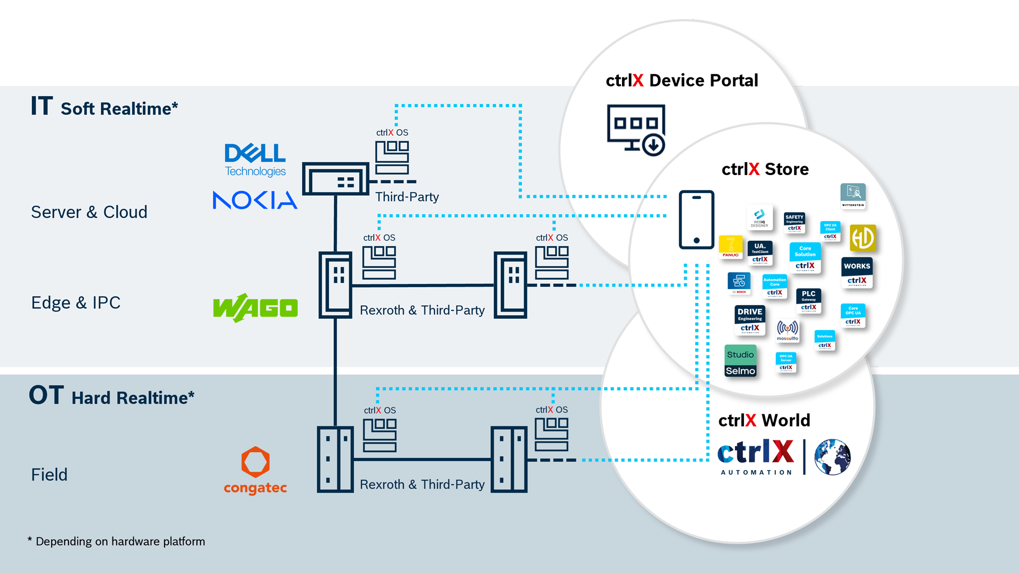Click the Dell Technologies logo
255,159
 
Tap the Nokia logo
255,200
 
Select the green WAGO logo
255,308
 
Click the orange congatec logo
255,470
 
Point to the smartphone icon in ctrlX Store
696,220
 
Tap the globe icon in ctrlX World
832,457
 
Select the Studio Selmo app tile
740,361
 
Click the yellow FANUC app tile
731,247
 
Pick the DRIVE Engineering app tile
750,320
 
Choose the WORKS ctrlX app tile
857,273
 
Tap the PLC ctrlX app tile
808,301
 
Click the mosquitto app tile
788,330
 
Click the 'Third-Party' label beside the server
407,197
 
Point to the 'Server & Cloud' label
89,212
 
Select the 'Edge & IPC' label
76,303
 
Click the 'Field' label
49,475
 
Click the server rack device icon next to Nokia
335,179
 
